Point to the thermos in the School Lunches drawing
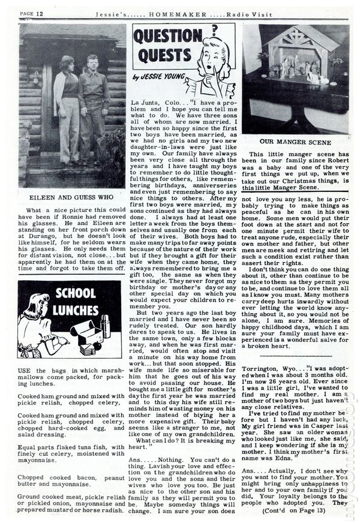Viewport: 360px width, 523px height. [106, 327]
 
